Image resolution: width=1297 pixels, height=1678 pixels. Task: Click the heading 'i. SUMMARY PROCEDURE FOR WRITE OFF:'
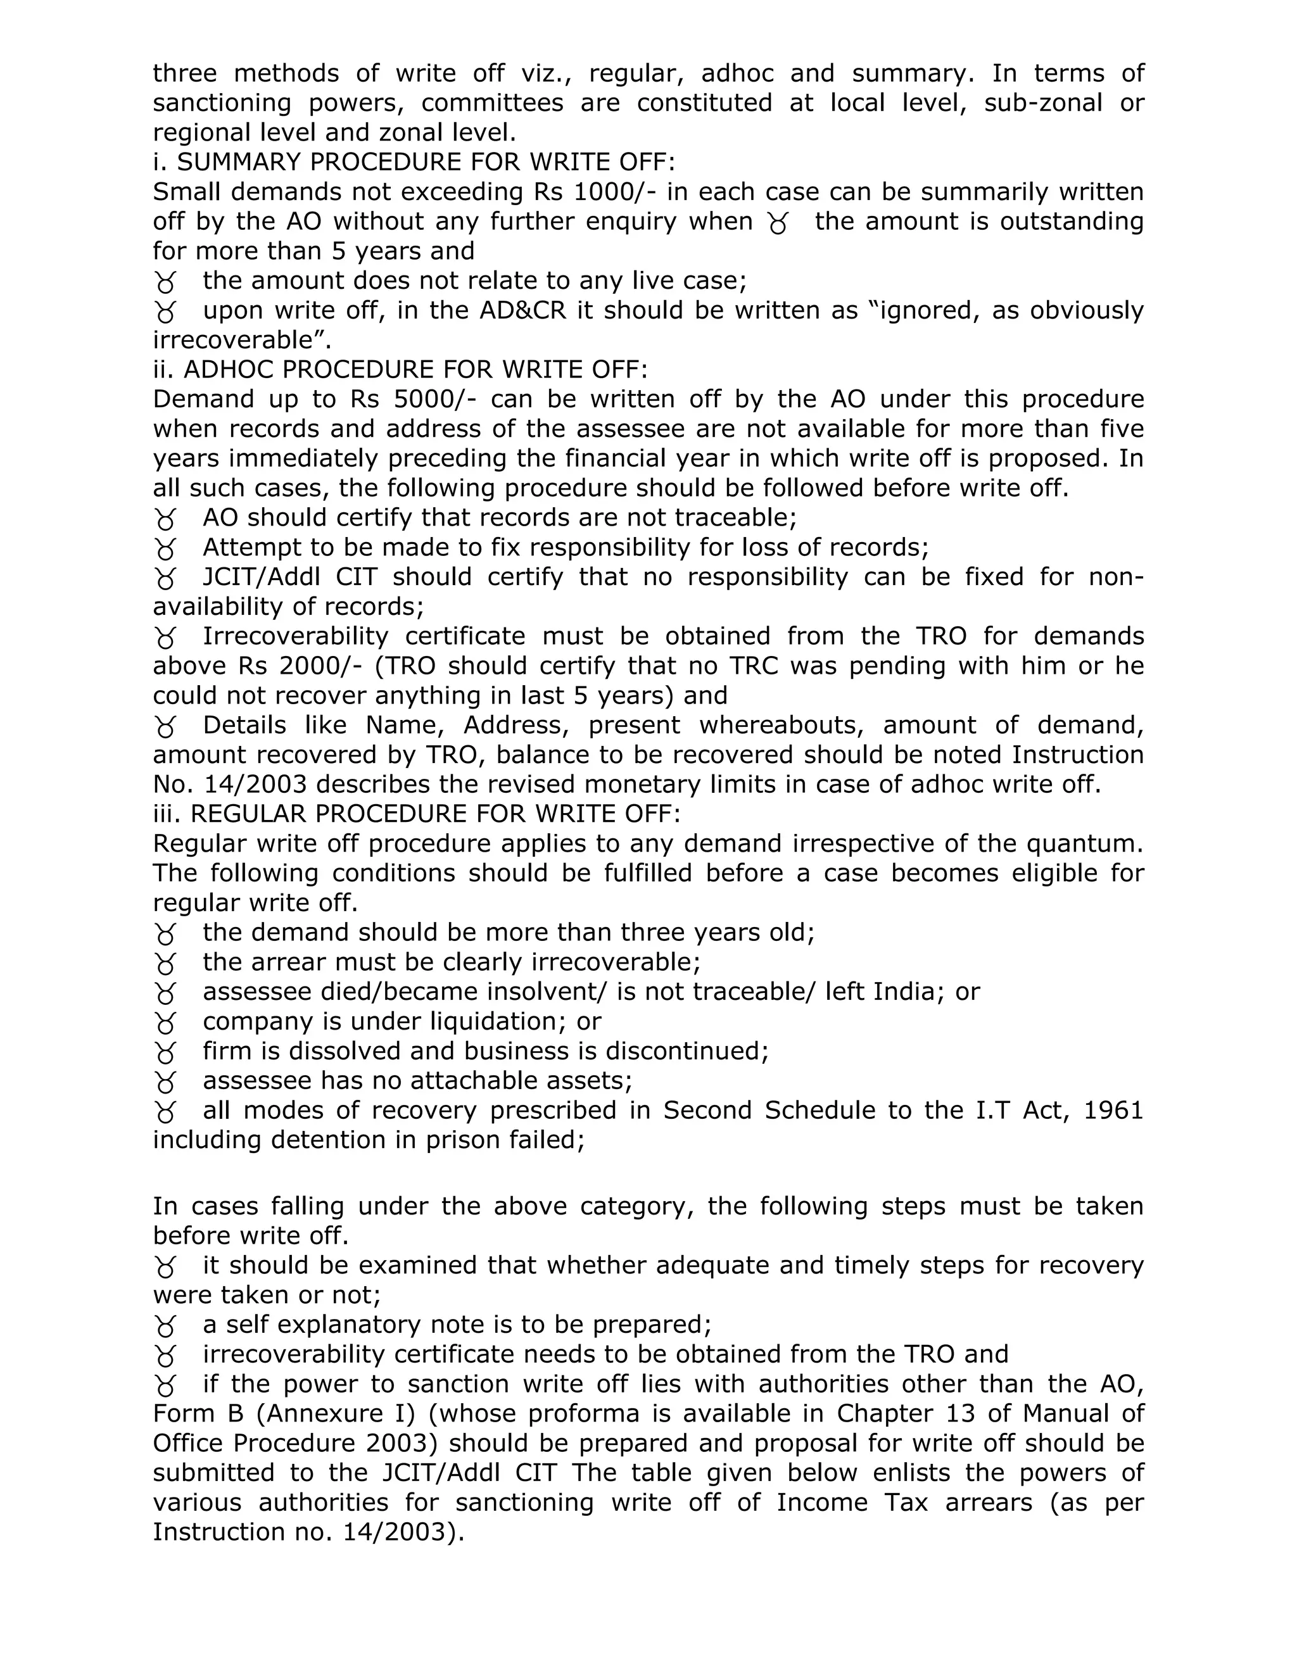414,162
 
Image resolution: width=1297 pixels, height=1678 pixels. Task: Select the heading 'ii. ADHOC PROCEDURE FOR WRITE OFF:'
400,370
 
